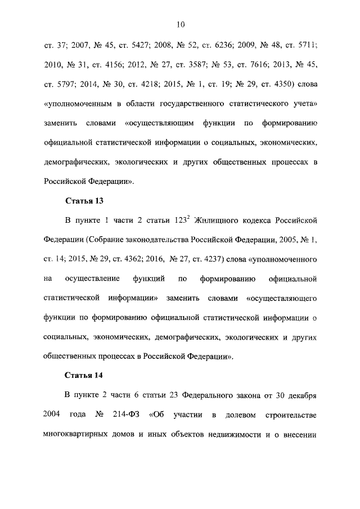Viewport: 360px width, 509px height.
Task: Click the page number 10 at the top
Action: (180, 24)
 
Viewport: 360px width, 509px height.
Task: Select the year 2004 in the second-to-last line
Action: (53, 415)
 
